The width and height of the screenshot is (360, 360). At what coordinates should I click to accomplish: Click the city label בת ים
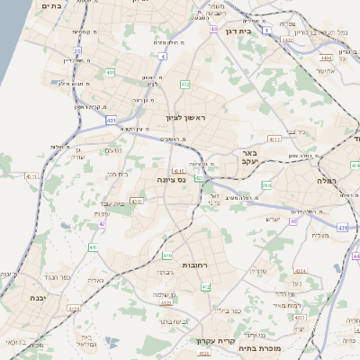tap(51, 5)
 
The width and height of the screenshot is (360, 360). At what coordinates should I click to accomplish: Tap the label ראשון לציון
tap(186, 118)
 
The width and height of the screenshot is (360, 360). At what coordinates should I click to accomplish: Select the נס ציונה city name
tap(170, 180)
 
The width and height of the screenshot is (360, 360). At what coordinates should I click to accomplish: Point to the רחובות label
tap(194, 266)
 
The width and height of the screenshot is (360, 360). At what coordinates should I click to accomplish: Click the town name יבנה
tap(37, 296)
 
